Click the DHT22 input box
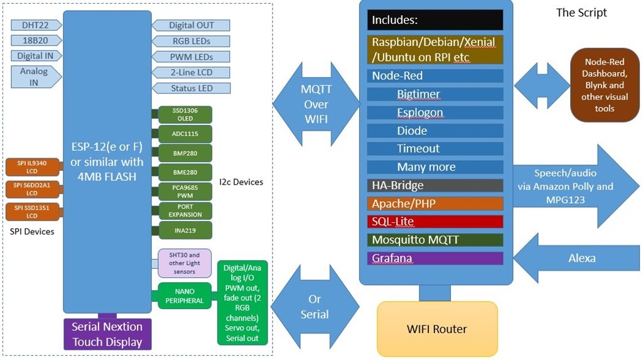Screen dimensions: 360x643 coord(36,25)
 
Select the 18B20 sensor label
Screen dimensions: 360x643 coord(36,41)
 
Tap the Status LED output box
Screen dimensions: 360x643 coord(192,88)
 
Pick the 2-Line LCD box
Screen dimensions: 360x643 coord(192,72)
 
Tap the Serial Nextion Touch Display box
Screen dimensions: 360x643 coord(107,334)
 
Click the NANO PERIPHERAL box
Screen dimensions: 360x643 coord(183,296)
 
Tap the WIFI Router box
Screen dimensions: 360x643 coord(438,329)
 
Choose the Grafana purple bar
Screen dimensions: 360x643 coord(435,258)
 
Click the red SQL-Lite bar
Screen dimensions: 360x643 coord(435,222)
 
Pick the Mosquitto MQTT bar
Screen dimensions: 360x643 coord(435,240)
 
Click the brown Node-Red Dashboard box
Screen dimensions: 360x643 coord(604,85)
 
